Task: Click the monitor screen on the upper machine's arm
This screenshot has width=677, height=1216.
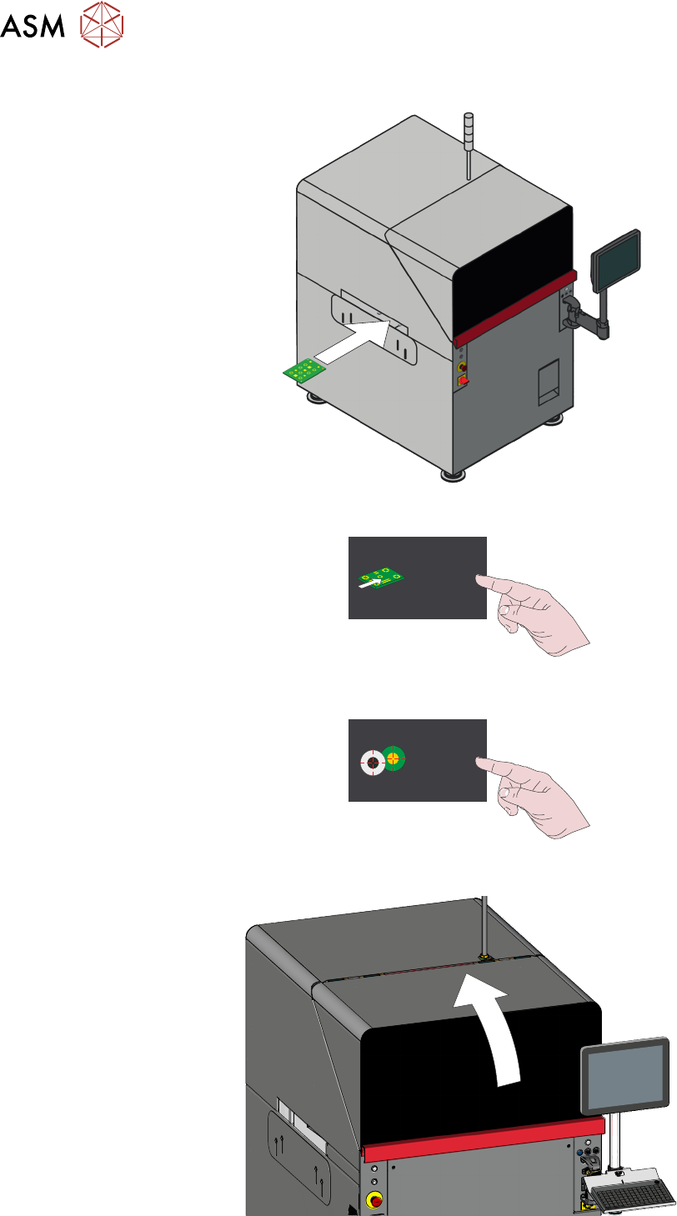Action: [615, 261]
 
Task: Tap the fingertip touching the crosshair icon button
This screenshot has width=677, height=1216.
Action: [479, 761]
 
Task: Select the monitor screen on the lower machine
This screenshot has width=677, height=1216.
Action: [626, 1079]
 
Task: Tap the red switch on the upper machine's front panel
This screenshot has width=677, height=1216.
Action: [464, 381]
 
